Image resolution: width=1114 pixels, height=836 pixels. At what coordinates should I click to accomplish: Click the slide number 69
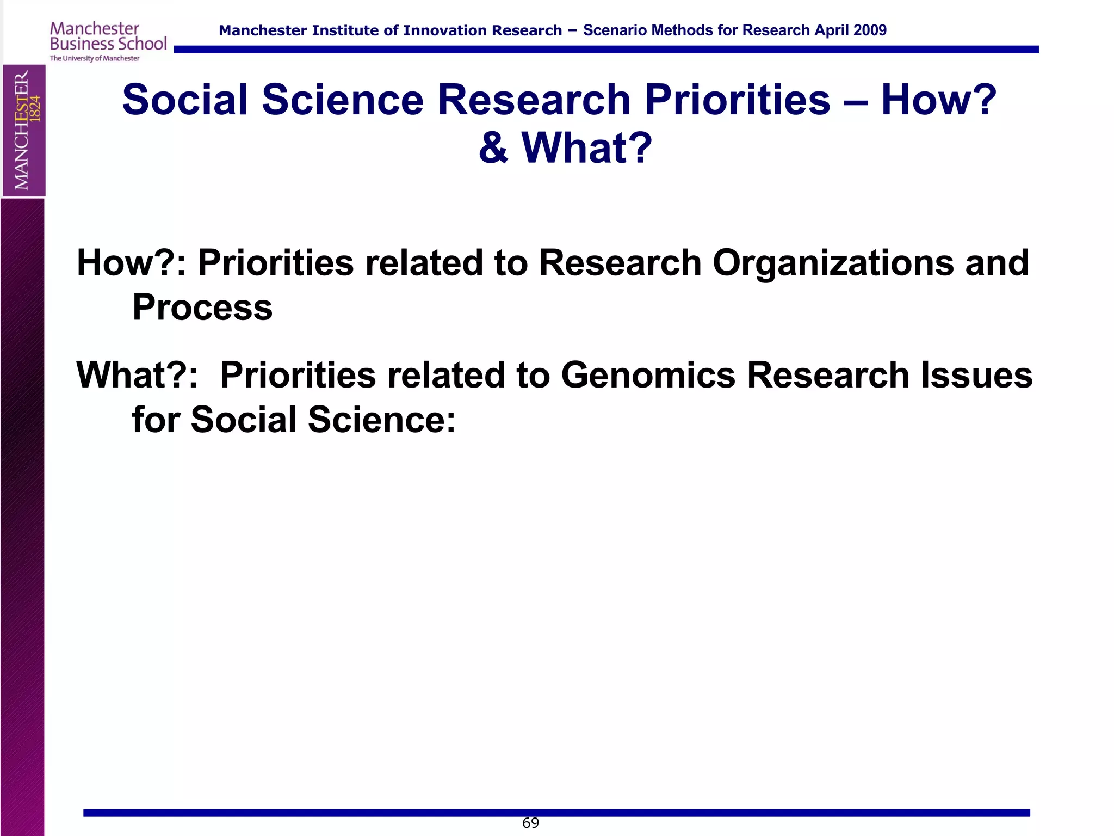click(530, 823)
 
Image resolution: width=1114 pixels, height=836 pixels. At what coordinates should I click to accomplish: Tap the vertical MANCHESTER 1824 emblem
click(24, 130)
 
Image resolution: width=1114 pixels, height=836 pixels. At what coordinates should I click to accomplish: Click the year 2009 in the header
click(870, 30)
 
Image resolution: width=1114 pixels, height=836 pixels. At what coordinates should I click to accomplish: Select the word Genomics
click(648, 376)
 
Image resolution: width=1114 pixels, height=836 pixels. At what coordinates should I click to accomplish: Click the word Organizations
click(833, 263)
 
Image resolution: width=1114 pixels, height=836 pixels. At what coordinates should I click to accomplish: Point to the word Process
click(202, 308)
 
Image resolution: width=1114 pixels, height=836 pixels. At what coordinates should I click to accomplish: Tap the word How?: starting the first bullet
click(131, 263)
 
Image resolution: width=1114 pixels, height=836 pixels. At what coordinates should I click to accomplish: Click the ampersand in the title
click(493, 148)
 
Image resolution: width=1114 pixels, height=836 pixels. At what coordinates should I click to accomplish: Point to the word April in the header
click(831, 30)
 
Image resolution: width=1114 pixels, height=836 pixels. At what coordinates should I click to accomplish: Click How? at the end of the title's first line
click(938, 100)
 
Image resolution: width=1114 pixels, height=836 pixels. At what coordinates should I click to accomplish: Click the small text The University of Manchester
click(95, 58)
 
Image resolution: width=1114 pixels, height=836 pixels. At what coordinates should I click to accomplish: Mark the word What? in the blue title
click(586, 148)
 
